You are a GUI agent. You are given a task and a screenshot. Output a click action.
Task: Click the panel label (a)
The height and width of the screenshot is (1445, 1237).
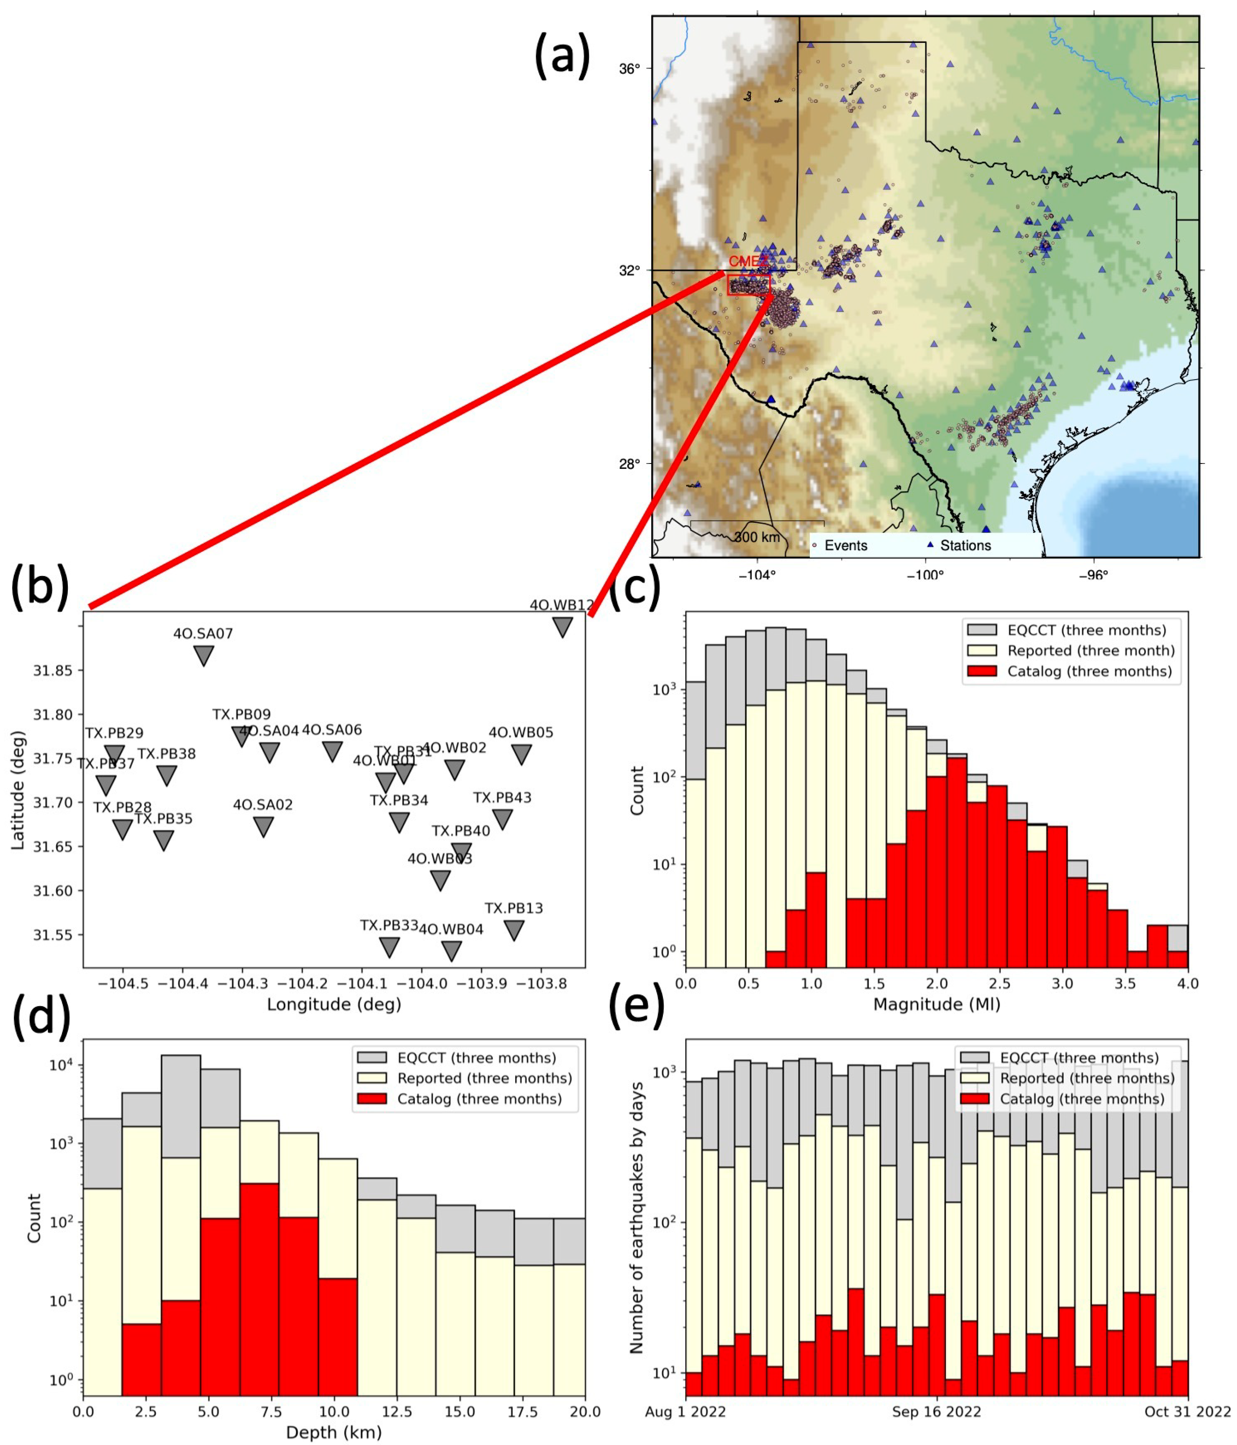point(562,56)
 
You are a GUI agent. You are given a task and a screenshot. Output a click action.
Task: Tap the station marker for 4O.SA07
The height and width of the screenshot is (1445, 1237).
point(203,655)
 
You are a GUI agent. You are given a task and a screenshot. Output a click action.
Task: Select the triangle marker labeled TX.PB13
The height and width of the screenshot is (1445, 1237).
point(514,930)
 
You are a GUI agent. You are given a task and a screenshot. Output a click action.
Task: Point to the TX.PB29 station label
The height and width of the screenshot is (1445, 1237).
point(114,733)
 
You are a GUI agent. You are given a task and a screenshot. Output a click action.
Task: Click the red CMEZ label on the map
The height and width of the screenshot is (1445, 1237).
point(747,262)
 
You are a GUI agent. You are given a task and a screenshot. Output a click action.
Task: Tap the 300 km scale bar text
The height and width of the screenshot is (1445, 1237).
point(757,537)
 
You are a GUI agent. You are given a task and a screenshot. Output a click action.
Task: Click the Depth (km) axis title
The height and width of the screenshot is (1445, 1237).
point(334,1432)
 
